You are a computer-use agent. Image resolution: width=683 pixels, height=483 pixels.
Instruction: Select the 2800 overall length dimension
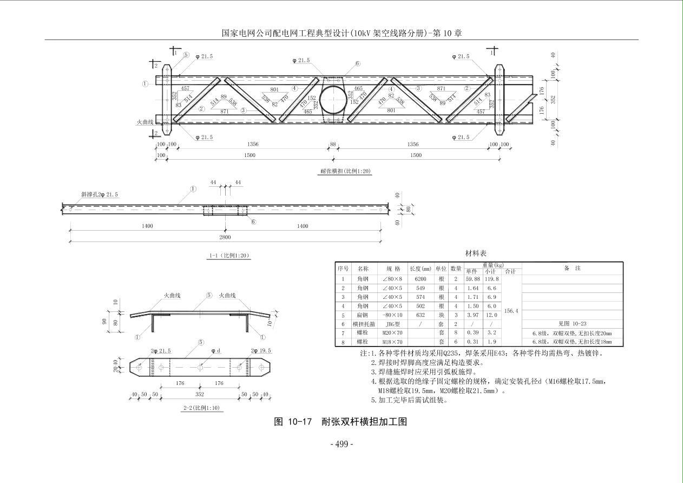(x=225, y=237)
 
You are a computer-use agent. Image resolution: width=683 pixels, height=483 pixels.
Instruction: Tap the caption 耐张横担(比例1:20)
(x=345, y=171)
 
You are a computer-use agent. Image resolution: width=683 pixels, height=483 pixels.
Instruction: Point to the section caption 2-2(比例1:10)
(x=201, y=408)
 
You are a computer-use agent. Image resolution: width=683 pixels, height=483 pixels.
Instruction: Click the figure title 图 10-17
(x=293, y=422)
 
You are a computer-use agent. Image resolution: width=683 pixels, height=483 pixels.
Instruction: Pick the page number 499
(x=342, y=444)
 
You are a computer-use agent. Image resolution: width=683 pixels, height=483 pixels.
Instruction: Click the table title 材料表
(x=476, y=253)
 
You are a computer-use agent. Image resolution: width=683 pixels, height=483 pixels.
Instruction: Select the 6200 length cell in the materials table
(x=421, y=279)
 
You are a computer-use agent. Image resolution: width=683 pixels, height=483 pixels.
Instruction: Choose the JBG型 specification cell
(x=392, y=324)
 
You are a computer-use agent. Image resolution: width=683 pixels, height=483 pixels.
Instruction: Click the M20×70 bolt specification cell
(x=392, y=333)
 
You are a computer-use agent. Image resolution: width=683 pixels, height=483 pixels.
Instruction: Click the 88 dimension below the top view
(x=332, y=145)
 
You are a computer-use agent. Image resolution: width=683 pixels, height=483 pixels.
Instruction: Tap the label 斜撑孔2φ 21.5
(x=100, y=194)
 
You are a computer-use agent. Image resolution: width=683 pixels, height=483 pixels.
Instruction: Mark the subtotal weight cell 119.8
(x=491, y=279)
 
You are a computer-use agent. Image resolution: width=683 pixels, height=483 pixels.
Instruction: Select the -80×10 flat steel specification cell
(x=392, y=315)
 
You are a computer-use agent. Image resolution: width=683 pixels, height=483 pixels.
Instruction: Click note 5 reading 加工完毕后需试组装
(x=409, y=401)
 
